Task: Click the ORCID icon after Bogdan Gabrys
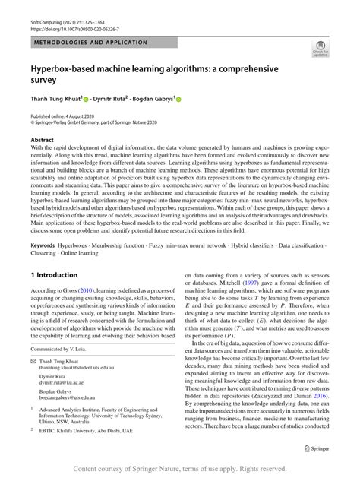[x=179, y=99]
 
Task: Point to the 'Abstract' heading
[x=42, y=141]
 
